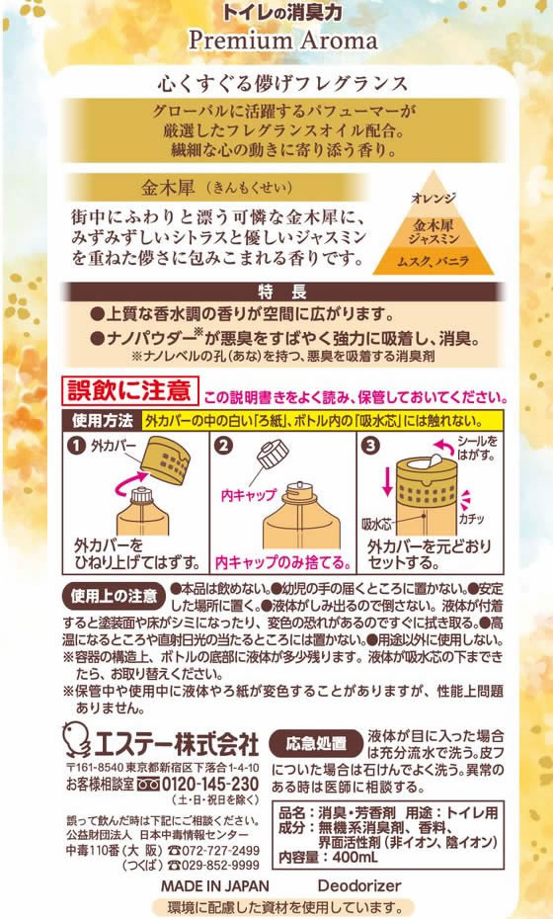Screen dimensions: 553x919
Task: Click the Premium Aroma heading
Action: click(x=283, y=40)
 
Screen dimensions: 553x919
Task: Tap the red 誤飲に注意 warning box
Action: click(x=130, y=391)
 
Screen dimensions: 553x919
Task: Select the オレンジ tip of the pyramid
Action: click(x=434, y=197)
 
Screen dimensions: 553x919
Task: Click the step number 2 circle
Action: click(x=224, y=446)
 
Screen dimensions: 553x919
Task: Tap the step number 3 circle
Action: click(x=370, y=446)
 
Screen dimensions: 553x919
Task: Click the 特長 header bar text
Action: click(x=282, y=292)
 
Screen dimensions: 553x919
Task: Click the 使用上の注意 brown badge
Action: click(x=114, y=596)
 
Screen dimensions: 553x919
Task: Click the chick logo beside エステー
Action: click(x=77, y=739)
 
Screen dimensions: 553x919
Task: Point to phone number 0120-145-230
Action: click(x=209, y=785)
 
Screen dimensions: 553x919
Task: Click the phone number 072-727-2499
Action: click(x=219, y=851)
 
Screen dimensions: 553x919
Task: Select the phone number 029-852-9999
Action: click(x=219, y=865)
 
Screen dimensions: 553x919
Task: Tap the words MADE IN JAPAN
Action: click(x=215, y=885)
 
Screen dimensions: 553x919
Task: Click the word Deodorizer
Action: click(x=359, y=885)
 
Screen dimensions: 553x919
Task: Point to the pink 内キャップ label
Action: click(x=249, y=496)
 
